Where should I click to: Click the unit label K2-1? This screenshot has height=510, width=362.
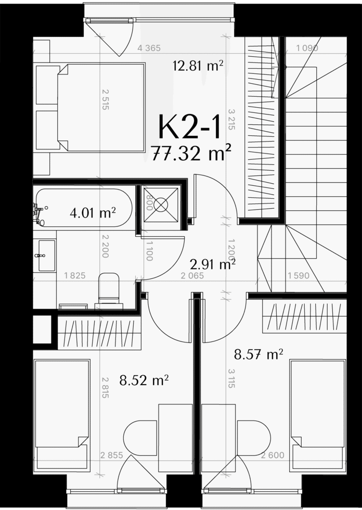tap(189, 127)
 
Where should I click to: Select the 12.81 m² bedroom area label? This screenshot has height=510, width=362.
tap(198, 66)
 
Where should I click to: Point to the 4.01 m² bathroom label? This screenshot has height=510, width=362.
tap(93, 213)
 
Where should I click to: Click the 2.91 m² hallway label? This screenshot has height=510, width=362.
tap(213, 264)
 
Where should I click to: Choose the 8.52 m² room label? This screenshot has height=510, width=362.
tap(144, 380)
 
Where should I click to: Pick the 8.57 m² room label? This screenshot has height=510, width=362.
tap(258, 354)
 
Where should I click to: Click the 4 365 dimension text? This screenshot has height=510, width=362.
tap(149, 48)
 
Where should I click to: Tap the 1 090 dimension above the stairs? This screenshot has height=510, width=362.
tap(307, 48)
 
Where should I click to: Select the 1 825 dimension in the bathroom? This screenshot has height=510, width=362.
tap(75, 276)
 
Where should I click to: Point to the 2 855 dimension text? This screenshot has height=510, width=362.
tap(111, 455)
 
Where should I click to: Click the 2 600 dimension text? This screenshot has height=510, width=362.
tap(273, 455)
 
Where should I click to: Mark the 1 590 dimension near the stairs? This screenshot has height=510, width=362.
tap(299, 276)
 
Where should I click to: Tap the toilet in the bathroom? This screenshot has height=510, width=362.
tap(109, 290)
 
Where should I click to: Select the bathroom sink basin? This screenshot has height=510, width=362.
tap(47, 256)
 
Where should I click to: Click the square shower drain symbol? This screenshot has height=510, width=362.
tap(161, 205)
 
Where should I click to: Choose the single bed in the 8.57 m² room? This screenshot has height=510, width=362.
tap(317, 415)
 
